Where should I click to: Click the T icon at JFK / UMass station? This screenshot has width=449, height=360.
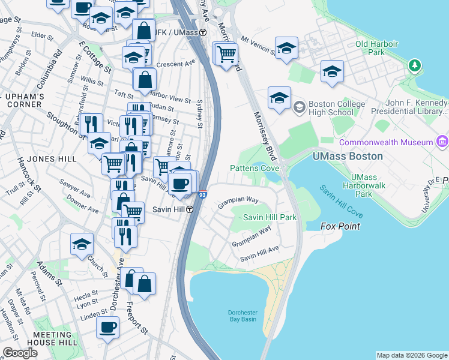[x=203, y=32]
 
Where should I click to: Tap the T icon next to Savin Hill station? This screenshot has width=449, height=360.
[x=190, y=209]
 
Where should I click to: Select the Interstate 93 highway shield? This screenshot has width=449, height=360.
[x=202, y=194]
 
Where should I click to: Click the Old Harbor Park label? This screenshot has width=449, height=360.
[x=378, y=48]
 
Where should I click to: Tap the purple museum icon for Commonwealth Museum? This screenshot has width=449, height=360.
[x=442, y=142]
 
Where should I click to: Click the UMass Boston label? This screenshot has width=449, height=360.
[x=348, y=156]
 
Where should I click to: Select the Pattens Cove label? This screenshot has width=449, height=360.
[x=255, y=169]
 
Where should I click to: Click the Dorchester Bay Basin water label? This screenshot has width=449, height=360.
[x=242, y=316]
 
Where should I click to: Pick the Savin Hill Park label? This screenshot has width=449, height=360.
[x=270, y=217]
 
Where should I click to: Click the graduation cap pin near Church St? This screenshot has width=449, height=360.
[x=82, y=244]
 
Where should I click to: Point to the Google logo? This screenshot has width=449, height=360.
[x=20, y=353]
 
